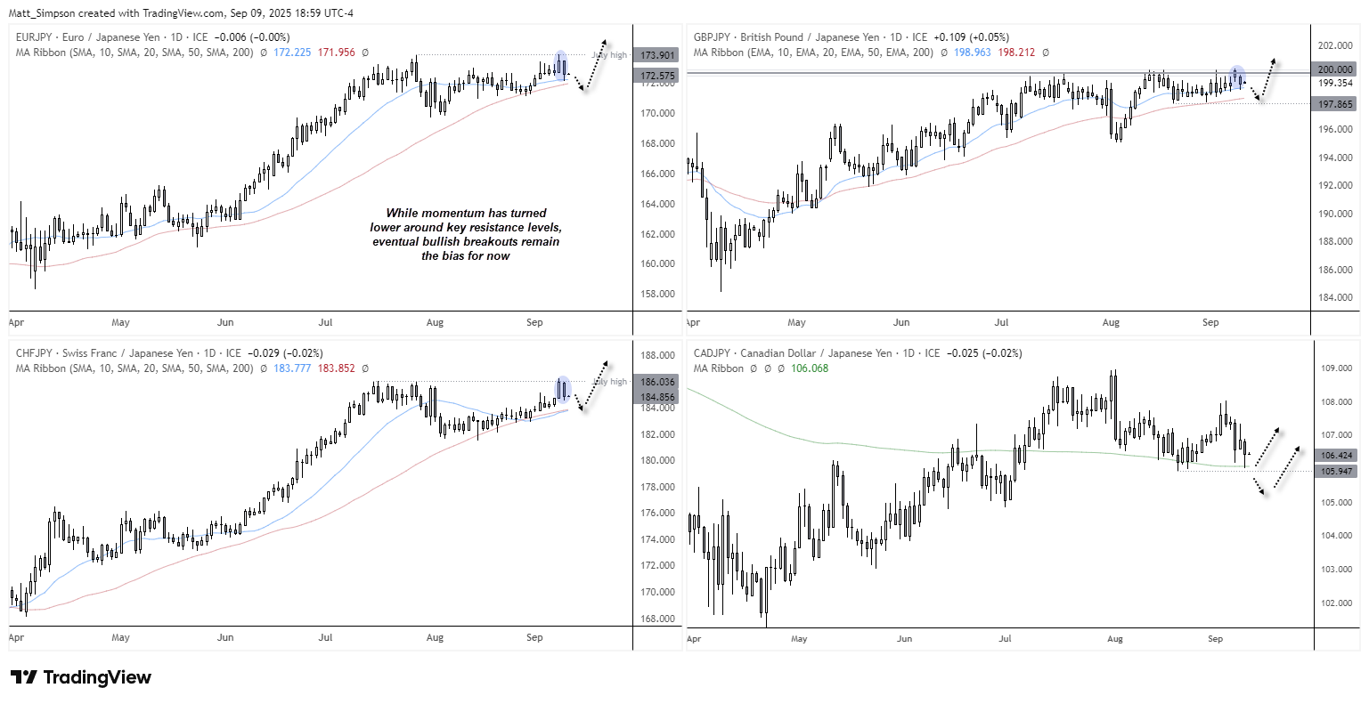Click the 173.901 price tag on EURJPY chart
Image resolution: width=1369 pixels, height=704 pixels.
(x=656, y=55)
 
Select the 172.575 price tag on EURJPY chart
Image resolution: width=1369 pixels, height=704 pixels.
(x=656, y=76)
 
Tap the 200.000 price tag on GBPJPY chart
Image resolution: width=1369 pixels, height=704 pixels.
(x=1335, y=69)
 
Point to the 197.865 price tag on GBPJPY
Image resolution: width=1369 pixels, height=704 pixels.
(x=1335, y=104)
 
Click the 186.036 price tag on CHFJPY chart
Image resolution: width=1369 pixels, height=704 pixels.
(x=656, y=382)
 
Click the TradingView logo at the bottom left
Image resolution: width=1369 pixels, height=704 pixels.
(x=81, y=677)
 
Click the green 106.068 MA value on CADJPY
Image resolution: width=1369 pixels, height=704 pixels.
(x=810, y=368)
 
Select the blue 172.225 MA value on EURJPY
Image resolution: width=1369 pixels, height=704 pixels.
(x=292, y=53)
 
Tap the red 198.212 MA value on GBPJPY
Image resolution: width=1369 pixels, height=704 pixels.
(x=1016, y=53)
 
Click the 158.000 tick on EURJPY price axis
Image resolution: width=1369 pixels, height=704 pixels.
(x=657, y=294)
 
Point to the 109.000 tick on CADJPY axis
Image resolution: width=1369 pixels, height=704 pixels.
(x=1337, y=368)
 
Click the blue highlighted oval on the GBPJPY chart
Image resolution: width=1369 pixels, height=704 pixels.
(x=1236, y=77)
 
